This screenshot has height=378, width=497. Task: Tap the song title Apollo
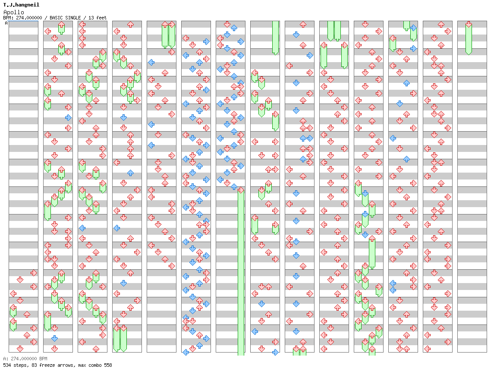(x=13, y=12)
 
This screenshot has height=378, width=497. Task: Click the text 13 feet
(x=98, y=18)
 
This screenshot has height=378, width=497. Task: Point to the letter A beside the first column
(x=6, y=23)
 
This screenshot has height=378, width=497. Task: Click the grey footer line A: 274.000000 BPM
(x=25, y=359)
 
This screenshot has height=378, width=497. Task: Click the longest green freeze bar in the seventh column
(x=241, y=272)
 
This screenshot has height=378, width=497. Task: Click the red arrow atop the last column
(x=469, y=24)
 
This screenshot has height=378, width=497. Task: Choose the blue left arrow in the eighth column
(x=255, y=331)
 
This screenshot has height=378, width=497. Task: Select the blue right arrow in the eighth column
(x=275, y=352)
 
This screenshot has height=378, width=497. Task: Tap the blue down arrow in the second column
(x=54, y=338)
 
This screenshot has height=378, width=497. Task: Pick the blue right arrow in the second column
(x=68, y=117)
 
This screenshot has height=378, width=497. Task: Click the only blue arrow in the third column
(x=82, y=228)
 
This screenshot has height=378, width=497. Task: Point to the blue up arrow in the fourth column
(x=130, y=173)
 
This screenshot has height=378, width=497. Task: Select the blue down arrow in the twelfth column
(x=399, y=104)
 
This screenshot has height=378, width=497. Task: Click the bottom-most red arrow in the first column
(x=20, y=349)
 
